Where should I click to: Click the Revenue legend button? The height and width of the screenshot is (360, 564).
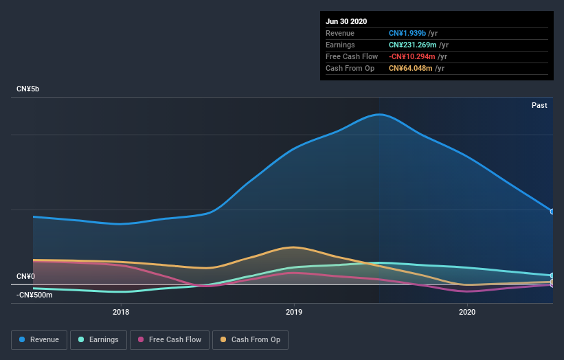click(40, 339)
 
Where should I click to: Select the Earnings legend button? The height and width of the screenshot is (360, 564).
click(98, 339)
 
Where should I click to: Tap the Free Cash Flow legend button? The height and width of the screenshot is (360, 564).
click(170, 339)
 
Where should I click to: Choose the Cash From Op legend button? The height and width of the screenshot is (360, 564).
click(251, 339)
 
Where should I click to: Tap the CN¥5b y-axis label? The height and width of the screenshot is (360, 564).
click(28, 89)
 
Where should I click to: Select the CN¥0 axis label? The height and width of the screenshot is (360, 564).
click(25, 276)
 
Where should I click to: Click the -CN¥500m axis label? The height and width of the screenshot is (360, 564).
click(34, 295)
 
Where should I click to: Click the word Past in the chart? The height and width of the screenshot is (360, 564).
click(539, 105)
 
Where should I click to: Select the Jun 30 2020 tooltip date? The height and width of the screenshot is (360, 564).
click(346, 21)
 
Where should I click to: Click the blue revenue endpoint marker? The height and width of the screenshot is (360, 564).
click(552, 211)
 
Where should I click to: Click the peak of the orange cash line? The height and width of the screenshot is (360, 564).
click(294, 247)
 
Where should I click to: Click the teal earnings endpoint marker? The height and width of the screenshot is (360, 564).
click(552, 275)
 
